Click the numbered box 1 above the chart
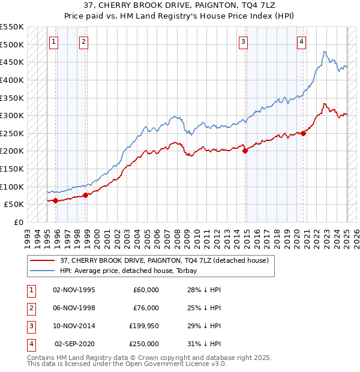tap(54, 41)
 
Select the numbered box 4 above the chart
tap(301, 41)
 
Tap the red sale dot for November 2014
tap(245, 151)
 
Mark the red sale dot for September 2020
tap(304, 133)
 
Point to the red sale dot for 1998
tap(85, 194)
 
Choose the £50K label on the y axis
tap(14, 204)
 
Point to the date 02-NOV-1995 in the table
tap(74, 290)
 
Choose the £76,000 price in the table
tap(146, 308)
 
